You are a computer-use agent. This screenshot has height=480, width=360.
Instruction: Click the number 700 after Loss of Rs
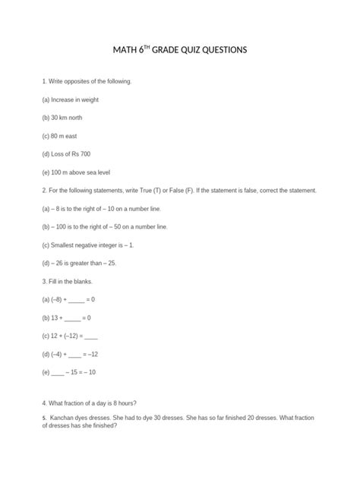point(91,153)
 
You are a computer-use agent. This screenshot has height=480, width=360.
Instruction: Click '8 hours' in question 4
point(128,401)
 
